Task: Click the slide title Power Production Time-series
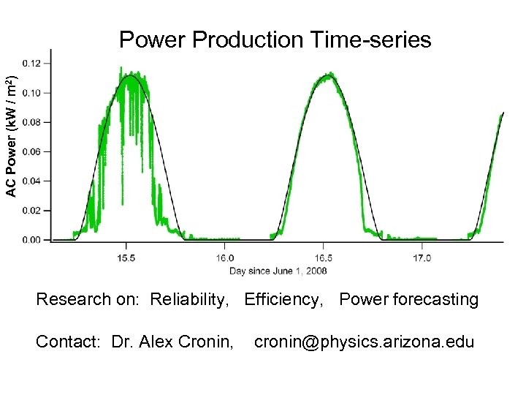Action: pos(275,39)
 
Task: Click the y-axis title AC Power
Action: pos(10,137)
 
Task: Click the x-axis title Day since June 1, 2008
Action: pos(278,271)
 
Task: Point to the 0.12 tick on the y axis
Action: pos(31,64)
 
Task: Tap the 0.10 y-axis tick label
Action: pos(31,93)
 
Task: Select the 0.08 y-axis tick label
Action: pos(31,122)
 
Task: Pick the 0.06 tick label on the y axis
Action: pos(31,151)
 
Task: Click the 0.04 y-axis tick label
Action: pos(31,181)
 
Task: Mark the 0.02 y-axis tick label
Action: pos(31,210)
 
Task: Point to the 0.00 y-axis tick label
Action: pos(31,239)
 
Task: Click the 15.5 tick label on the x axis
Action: pos(126,257)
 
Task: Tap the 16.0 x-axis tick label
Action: pos(225,257)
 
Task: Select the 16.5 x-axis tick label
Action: pos(324,257)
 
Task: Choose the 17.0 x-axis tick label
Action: pos(422,257)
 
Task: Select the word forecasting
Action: pos(435,300)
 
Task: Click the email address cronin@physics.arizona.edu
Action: pos(364,342)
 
